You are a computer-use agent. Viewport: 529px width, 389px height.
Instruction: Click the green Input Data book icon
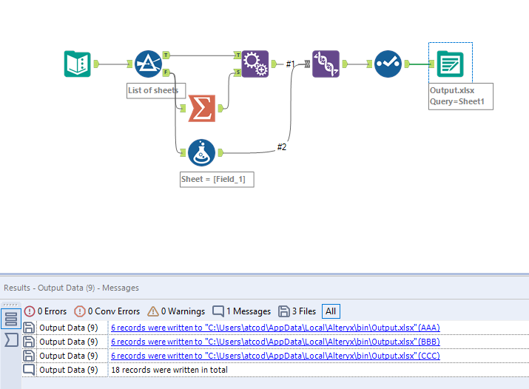(x=77, y=64)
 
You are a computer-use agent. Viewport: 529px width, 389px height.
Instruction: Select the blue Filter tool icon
(x=148, y=64)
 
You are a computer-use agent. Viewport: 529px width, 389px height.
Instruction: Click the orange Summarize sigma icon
(x=201, y=108)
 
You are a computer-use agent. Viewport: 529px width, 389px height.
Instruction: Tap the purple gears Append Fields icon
(x=255, y=64)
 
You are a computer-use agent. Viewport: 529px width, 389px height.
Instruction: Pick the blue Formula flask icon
(x=201, y=152)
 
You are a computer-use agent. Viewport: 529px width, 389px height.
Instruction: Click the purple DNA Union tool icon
(x=326, y=64)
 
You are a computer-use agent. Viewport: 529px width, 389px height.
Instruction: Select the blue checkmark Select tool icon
(x=388, y=64)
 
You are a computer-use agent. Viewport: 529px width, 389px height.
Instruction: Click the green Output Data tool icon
(x=449, y=64)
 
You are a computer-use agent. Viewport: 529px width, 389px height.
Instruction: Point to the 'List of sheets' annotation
(x=153, y=91)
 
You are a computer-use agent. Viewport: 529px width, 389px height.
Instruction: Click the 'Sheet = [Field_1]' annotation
(x=217, y=180)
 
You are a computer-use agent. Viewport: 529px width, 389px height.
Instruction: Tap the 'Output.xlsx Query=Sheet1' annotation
(x=458, y=96)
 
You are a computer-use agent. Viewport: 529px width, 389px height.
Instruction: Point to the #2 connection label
(x=282, y=147)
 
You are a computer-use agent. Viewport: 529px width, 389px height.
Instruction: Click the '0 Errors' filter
(x=45, y=311)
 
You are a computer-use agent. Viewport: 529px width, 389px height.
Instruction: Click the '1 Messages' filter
(x=239, y=311)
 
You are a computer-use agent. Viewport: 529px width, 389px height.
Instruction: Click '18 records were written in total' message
(x=169, y=369)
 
